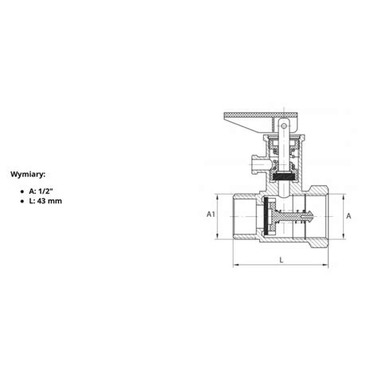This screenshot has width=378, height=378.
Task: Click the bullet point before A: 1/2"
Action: [x=22, y=191]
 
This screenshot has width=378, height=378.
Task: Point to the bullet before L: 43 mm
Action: [x=22, y=202]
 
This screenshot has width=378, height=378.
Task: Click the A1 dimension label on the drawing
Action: [x=211, y=215]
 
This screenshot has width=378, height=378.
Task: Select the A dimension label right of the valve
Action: [x=348, y=216]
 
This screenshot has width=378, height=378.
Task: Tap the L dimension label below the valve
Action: [x=282, y=260]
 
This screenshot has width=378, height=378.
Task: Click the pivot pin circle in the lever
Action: [x=284, y=125]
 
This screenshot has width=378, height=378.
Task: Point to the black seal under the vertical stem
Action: [x=283, y=176]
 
